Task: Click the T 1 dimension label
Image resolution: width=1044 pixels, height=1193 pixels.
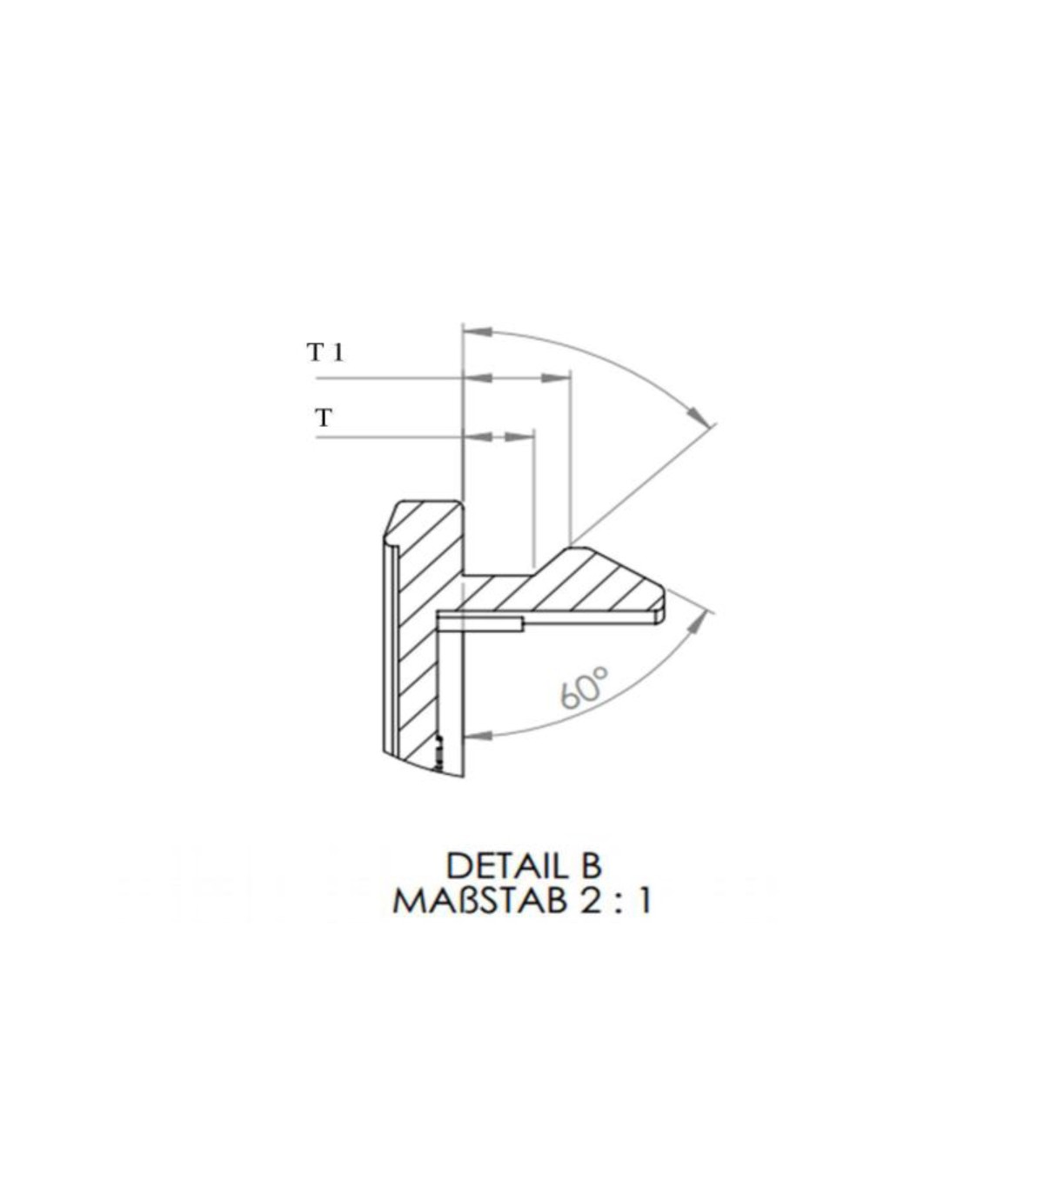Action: point(325,352)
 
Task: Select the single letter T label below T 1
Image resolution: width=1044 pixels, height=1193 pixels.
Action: point(324,417)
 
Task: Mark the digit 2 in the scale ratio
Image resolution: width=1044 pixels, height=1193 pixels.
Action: point(592,902)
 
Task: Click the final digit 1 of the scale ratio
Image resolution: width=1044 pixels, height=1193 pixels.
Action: point(644,902)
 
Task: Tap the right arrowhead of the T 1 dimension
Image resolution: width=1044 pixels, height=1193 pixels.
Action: point(555,378)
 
